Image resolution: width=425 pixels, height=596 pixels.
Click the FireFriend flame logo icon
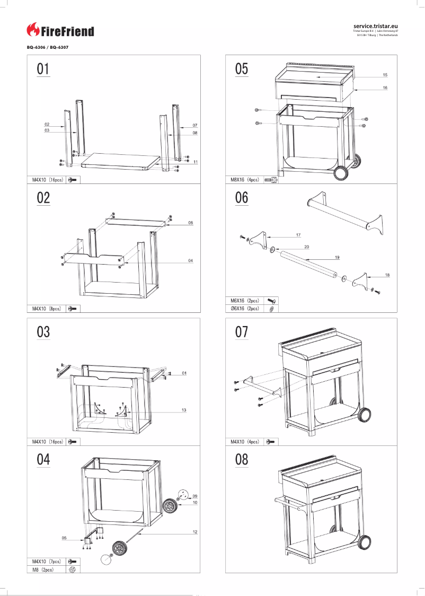click(x=33, y=30)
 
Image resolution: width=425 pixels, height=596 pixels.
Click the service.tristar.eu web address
click(x=375, y=25)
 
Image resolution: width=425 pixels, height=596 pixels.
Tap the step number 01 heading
click(x=43, y=69)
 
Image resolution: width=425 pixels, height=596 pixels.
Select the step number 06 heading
click(x=241, y=197)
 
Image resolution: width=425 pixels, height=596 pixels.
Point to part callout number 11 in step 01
click(x=196, y=161)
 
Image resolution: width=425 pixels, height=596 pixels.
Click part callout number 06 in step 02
click(x=190, y=223)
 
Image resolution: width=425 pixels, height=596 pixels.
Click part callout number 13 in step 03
click(x=184, y=410)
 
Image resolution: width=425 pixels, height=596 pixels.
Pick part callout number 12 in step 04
click(x=195, y=532)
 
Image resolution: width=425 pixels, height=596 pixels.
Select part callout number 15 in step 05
click(x=385, y=75)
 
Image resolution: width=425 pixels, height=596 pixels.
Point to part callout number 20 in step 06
click(x=306, y=247)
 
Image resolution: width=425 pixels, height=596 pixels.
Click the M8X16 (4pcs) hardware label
click(x=244, y=180)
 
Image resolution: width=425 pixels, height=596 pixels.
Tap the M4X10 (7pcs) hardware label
click(x=46, y=561)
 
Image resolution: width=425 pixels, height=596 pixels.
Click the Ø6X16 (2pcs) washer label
click(x=244, y=308)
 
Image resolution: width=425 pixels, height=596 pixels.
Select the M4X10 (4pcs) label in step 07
click(x=244, y=441)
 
